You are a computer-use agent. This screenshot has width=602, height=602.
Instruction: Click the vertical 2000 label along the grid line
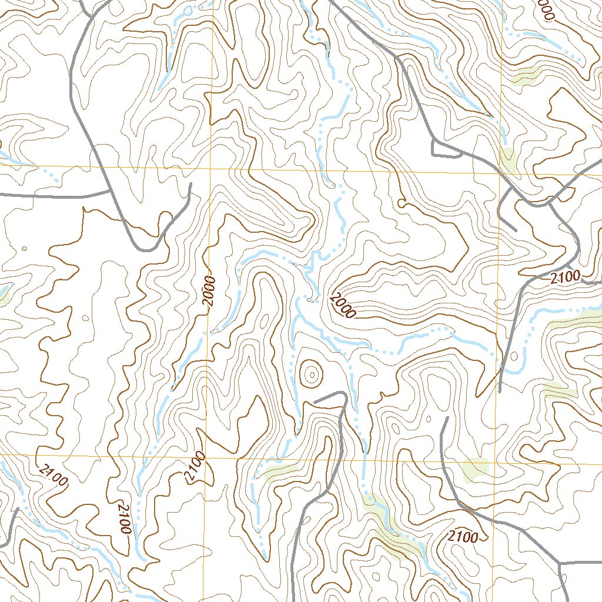[x=211, y=292]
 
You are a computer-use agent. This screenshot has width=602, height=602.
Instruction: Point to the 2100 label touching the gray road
[x=566, y=276]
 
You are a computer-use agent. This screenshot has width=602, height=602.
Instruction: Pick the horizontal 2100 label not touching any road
[x=462, y=536]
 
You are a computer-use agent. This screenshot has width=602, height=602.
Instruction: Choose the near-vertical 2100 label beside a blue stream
[x=123, y=519]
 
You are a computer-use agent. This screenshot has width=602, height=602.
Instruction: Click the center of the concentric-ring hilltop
[x=310, y=373]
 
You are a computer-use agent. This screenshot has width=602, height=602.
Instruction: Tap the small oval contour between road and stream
[x=515, y=356]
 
